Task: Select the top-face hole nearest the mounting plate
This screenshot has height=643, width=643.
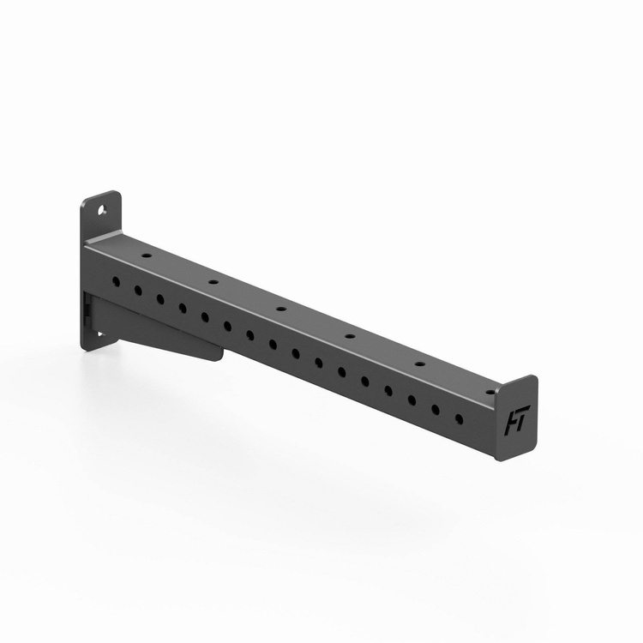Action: (x=147, y=255)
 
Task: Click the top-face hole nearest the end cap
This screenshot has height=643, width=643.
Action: (x=490, y=392)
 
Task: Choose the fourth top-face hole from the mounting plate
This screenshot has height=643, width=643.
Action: (x=349, y=335)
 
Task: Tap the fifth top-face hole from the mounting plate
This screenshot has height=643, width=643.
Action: (x=420, y=364)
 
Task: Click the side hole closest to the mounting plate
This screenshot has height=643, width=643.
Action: (x=116, y=280)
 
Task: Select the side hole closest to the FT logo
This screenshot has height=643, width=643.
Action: (x=459, y=418)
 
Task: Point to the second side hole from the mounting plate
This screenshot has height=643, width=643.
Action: (x=137, y=290)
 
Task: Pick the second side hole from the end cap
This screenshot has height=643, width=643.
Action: (x=435, y=409)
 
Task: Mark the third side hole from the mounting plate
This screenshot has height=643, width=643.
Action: (x=159, y=298)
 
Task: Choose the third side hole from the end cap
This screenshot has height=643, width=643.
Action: (x=412, y=400)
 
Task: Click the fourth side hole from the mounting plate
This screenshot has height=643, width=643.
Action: (x=182, y=307)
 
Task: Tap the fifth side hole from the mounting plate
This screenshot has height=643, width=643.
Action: (x=205, y=316)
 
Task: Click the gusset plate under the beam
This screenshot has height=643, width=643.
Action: (x=163, y=330)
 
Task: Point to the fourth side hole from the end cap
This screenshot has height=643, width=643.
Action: (x=388, y=390)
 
